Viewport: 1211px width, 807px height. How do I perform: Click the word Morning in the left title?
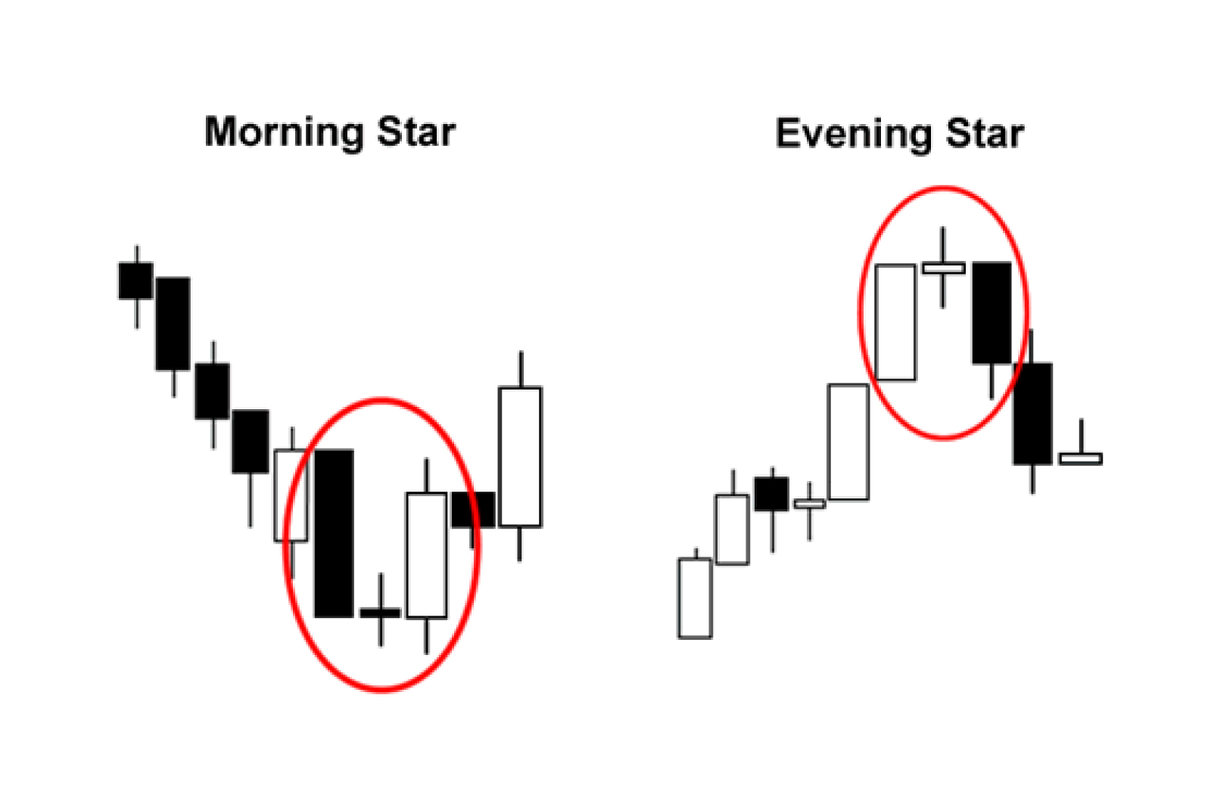[x=284, y=133]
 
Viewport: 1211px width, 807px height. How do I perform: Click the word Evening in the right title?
[x=854, y=133]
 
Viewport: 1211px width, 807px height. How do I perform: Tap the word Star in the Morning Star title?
[x=416, y=132]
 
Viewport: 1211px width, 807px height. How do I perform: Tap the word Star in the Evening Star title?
[x=985, y=133]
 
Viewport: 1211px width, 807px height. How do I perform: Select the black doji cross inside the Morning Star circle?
[x=381, y=613]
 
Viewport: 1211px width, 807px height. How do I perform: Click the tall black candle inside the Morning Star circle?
[x=334, y=533]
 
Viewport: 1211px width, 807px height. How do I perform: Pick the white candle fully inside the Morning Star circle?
[x=427, y=555]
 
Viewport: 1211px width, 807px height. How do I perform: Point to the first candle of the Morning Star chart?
[x=135, y=281]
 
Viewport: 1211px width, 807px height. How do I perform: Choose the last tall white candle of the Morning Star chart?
[x=520, y=456]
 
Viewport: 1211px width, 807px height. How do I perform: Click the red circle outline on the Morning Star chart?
[x=285, y=545]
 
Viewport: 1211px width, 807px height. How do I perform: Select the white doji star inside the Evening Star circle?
[x=943, y=268]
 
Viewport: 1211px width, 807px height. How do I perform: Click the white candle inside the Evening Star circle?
[x=895, y=322]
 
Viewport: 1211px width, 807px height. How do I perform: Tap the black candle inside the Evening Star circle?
[x=992, y=313]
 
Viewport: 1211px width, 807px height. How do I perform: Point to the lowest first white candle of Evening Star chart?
[x=696, y=597]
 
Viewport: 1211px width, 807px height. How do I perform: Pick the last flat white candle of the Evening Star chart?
[x=1081, y=458]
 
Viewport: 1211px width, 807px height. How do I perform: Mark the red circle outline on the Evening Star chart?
[x=860, y=313]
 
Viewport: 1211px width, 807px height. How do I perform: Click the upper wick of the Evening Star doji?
[x=943, y=245]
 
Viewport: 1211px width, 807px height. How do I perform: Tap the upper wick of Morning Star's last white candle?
[x=521, y=369]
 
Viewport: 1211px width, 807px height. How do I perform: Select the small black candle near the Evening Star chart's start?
[x=771, y=494]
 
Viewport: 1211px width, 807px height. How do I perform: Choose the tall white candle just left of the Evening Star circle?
[x=848, y=442]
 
